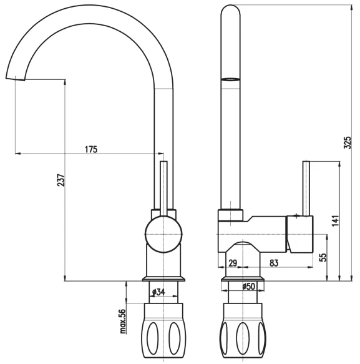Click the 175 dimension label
click(91, 149)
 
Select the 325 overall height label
click(348, 142)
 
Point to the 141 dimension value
click(335, 221)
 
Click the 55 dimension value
click(323, 257)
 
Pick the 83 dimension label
click(274, 263)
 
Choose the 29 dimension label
click(233, 263)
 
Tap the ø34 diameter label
click(158, 292)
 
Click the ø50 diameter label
click(248, 286)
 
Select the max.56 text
click(122, 321)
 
